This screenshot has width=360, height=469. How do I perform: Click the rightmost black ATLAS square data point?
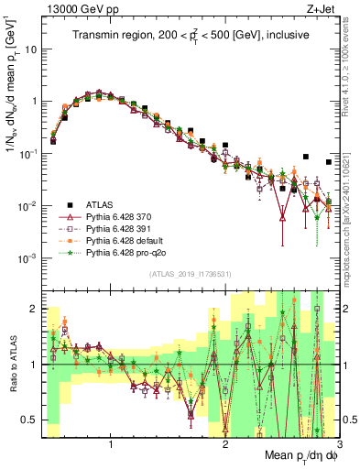tap(329, 162)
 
